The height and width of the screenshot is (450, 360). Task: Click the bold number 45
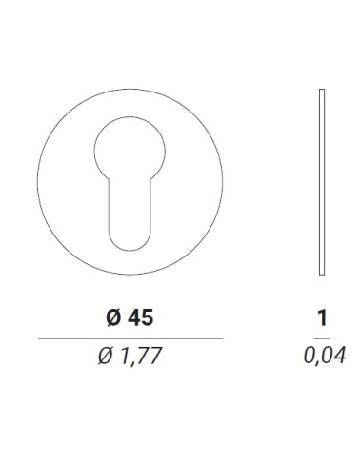point(140,317)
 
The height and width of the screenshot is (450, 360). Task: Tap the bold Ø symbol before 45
point(113,317)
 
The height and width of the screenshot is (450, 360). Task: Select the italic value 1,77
point(141,356)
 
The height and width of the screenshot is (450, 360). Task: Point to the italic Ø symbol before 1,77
point(105,356)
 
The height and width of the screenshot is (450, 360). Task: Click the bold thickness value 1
point(322,317)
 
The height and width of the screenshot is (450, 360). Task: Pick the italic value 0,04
point(325,356)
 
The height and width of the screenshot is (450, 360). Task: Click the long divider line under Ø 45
point(130,338)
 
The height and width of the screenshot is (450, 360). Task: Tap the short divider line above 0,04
point(322,338)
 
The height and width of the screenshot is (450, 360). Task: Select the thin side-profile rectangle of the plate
point(322,182)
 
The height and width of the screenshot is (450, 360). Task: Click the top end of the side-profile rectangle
point(322,89)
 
